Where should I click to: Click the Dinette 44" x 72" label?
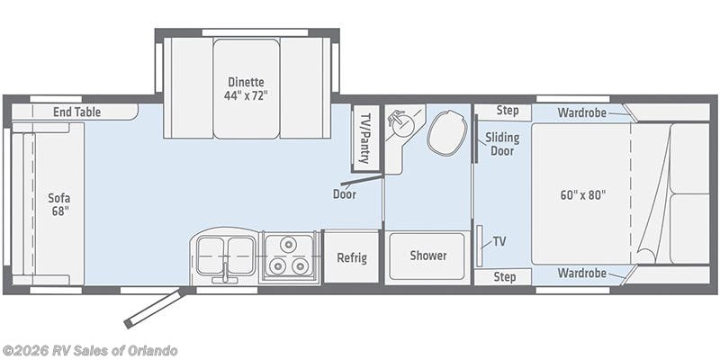(247, 88)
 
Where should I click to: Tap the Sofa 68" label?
(59, 204)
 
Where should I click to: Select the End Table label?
(76, 112)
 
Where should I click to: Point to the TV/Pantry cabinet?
(365, 139)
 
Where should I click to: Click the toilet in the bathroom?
(447, 133)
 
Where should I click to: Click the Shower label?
(428, 256)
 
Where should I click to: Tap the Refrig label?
(352, 257)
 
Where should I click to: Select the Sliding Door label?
(502, 144)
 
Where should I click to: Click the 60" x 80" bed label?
(583, 194)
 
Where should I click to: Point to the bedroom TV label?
(499, 241)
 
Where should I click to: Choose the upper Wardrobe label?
(581, 112)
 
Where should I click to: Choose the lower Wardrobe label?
(581, 274)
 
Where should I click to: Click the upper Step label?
(508, 111)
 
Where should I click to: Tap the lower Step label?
(505, 277)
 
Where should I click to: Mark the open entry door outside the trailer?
(155, 308)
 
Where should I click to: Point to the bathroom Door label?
(345, 194)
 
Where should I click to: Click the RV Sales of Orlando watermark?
(89, 351)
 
